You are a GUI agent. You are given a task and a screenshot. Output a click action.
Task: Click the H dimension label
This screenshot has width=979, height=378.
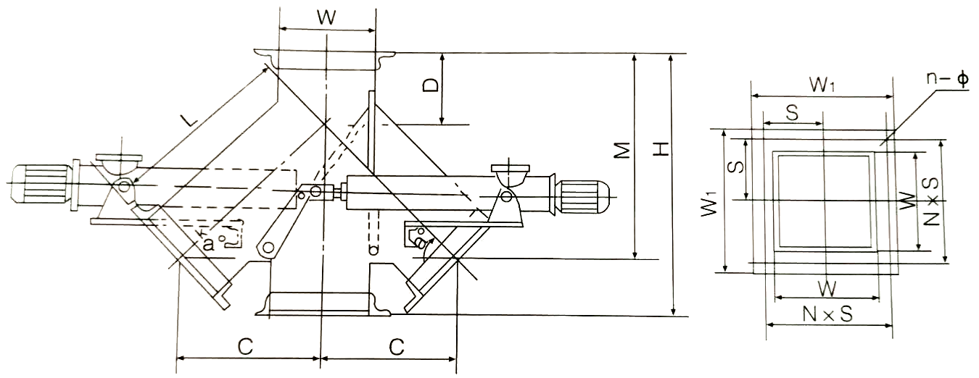point(660,150)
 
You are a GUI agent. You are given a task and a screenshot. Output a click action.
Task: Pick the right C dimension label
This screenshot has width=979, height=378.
point(395,346)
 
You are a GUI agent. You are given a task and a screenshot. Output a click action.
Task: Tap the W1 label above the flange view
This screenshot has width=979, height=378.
point(822,85)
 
